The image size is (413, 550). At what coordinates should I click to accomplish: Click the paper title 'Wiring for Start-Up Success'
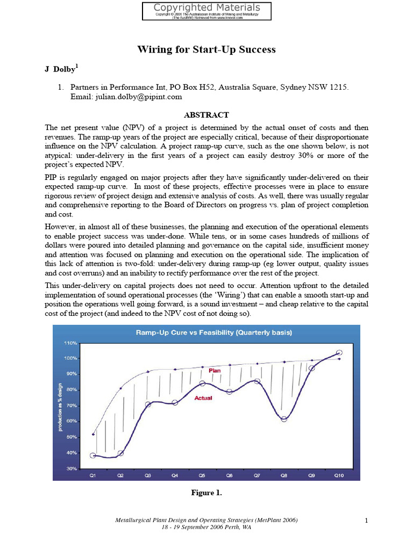pos(206,50)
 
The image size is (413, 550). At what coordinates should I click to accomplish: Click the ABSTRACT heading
pos(206,115)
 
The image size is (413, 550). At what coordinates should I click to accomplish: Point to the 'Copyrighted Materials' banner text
pos(206,8)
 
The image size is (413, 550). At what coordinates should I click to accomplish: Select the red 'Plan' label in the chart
pos(215,371)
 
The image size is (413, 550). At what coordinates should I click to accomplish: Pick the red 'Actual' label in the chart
pos(203,398)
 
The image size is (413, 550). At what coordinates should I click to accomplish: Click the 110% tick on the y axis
pos(70,342)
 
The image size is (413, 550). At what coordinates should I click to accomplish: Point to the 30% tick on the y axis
pos(72,469)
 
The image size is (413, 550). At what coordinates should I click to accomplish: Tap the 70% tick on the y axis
pos(72,406)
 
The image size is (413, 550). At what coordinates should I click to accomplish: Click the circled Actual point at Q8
pos(284,419)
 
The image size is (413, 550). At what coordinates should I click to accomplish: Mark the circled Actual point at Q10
pos(339,353)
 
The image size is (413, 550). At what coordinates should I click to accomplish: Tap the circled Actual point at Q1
pos(93,455)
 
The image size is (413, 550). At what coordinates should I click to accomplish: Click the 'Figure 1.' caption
pos(206,493)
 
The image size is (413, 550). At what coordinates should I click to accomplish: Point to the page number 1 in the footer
pos(366,520)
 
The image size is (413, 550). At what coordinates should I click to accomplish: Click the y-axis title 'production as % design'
pos(60,406)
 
